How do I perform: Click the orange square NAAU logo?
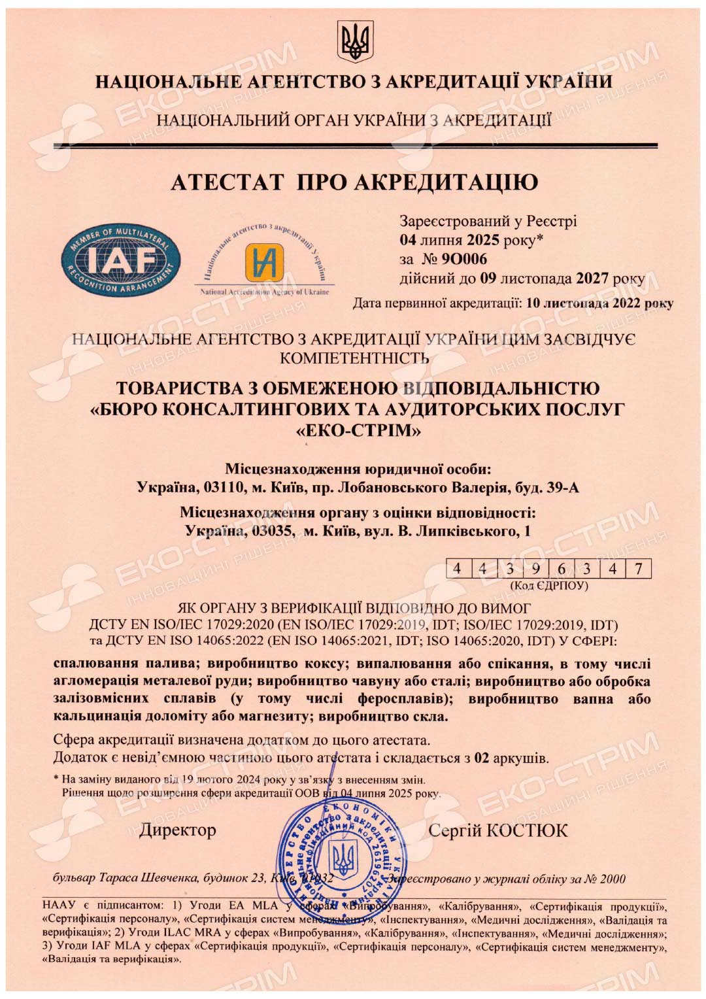264,262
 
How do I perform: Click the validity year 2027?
592,279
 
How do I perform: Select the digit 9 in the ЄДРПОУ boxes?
535,568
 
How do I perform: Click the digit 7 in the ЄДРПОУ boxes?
639,568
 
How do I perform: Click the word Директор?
177,830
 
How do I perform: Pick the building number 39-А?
560,488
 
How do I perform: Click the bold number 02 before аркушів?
481,758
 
